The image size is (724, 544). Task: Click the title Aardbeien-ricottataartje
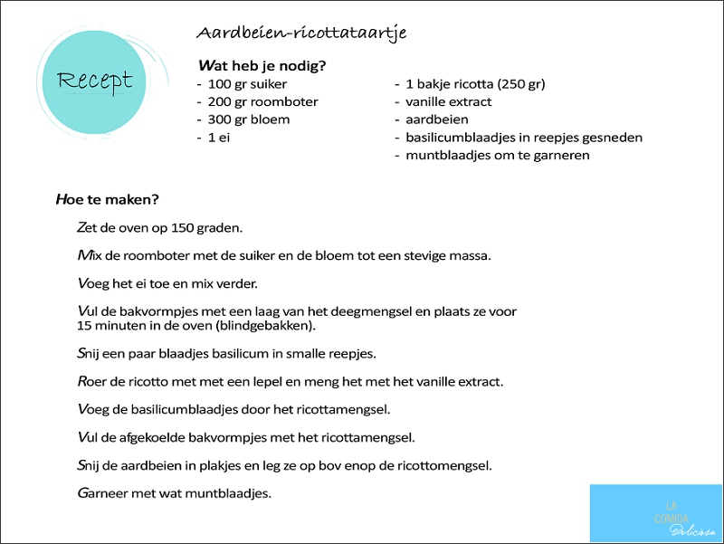301,33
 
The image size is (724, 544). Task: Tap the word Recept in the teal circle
94,81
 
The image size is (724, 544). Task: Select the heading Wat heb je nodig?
262,65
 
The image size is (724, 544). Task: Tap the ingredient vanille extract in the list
449,102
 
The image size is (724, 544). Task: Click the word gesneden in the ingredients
609,138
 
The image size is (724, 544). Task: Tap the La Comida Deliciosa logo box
656,513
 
